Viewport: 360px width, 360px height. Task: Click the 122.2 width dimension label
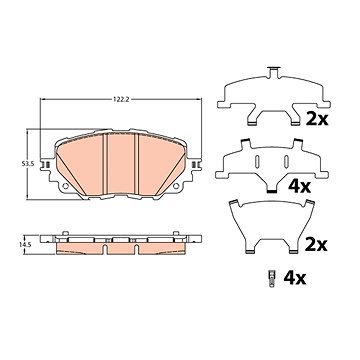pyautogui.click(x=120, y=99)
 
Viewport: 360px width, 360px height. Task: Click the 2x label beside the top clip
pyautogui.click(x=317, y=119)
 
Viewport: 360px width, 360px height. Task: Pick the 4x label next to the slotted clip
pyautogui.click(x=299, y=187)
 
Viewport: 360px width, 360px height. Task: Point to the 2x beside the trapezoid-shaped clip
pyautogui.click(x=317, y=245)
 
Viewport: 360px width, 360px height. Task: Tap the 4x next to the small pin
pyautogui.click(x=295, y=278)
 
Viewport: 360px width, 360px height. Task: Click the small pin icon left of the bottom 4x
pyautogui.click(x=271, y=278)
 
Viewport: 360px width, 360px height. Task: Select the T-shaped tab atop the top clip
pyautogui.click(x=273, y=72)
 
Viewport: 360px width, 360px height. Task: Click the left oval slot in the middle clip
pyautogui.click(x=257, y=161)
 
